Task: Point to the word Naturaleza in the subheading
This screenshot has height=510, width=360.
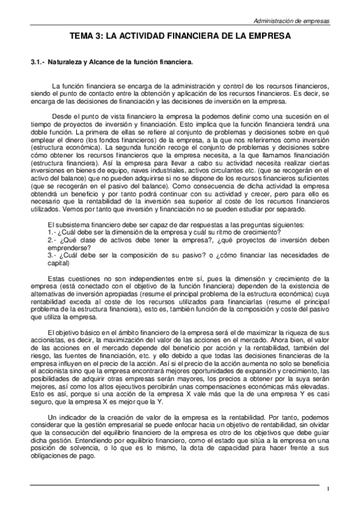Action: coord(66,61)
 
